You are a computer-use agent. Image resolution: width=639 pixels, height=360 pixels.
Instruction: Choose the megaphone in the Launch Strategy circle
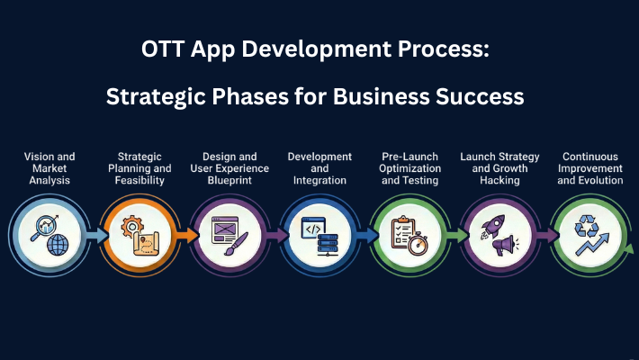(x=504, y=244)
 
